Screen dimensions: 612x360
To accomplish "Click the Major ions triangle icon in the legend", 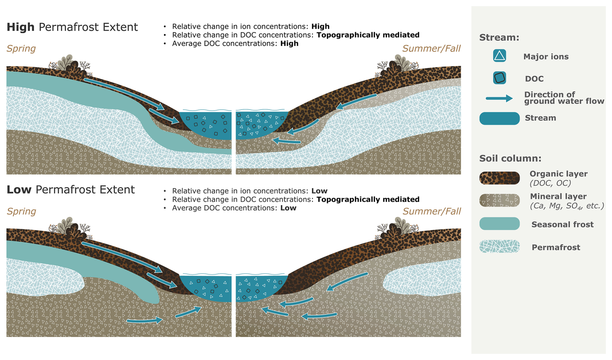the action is tap(499, 56).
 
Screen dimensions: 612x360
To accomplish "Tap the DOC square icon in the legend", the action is tap(499, 78).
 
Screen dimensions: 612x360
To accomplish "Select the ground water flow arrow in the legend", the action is tap(499, 98).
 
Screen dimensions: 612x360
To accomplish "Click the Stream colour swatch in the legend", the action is tap(499, 118).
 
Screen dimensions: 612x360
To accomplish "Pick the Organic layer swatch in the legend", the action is tap(499, 178).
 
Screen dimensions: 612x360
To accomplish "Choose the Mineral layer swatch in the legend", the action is tap(499, 201).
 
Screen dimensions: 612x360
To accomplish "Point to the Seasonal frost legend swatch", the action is tap(499, 224).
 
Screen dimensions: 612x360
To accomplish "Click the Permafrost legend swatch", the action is tap(499, 246).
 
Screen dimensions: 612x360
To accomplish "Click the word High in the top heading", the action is tap(20, 27).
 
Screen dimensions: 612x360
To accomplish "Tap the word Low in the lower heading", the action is tap(19, 190).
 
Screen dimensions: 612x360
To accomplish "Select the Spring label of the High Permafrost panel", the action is tap(21, 49).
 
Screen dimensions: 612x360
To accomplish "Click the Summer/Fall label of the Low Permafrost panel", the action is tap(432, 211).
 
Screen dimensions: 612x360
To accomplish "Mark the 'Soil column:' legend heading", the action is tap(510, 158).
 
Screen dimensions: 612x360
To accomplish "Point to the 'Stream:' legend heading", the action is tap(499, 38).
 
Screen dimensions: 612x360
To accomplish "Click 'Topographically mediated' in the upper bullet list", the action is tap(368, 35).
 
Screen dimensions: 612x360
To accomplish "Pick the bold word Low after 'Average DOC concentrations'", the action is tap(288, 208).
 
